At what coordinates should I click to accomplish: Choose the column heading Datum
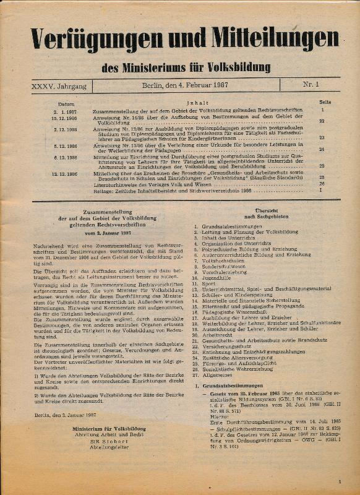coord(66,103)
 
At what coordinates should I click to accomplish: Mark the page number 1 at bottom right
coord(340,481)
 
